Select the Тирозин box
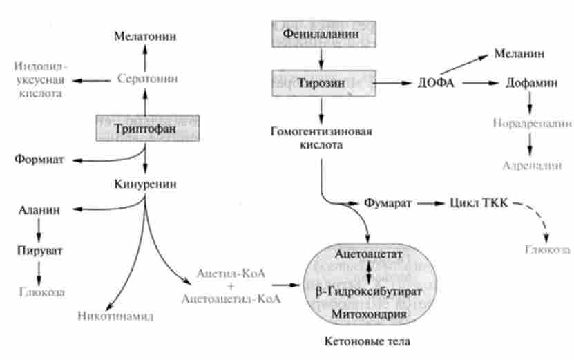point(324,82)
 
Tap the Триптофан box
point(145,129)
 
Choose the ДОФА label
point(435,82)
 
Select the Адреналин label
point(531,166)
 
